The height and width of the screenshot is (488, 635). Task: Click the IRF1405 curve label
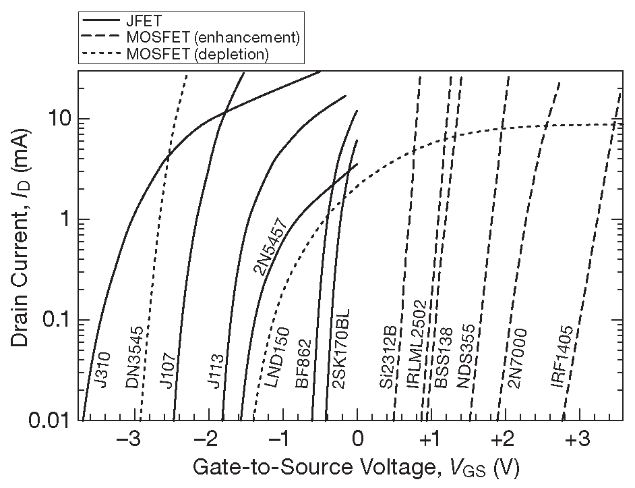[562, 356]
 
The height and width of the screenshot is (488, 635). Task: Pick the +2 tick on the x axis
[501, 440]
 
